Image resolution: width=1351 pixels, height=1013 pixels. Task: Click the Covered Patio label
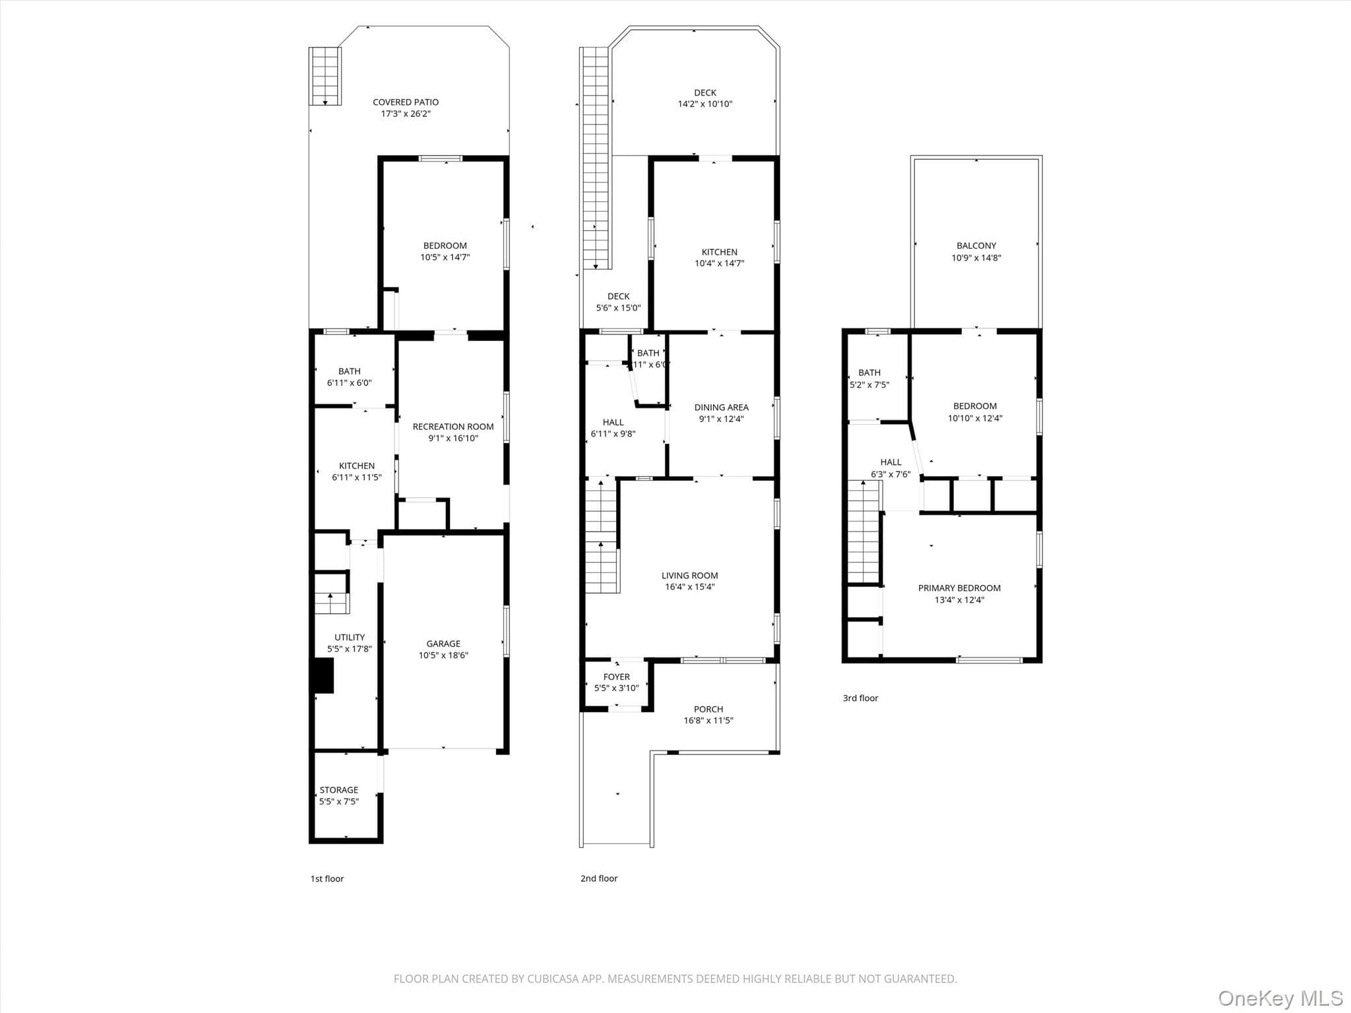(x=406, y=102)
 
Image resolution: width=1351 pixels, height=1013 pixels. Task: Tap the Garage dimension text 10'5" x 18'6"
(x=443, y=656)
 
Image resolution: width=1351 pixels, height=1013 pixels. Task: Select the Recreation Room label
(x=453, y=427)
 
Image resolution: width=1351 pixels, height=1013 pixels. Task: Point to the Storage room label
(x=339, y=790)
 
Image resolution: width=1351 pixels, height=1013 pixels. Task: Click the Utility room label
(x=350, y=638)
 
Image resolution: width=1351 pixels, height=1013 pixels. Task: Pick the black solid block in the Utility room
(x=323, y=677)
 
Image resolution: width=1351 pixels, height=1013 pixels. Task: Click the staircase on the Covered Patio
(x=325, y=77)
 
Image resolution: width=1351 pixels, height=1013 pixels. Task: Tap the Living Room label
(x=690, y=576)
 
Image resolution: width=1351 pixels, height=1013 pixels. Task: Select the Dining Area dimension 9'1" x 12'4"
(x=722, y=419)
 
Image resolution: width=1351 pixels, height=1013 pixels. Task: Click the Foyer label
(x=617, y=677)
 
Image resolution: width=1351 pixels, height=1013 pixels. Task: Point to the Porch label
(x=708, y=710)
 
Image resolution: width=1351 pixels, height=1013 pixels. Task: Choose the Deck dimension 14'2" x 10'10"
(x=705, y=104)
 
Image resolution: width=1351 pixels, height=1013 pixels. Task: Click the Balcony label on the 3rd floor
(x=976, y=246)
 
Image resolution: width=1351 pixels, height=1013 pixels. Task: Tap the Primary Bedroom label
(x=960, y=588)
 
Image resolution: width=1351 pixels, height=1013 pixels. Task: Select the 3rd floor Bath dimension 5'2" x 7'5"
(x=869, y=385)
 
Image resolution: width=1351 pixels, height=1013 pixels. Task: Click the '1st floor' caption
(x=327, y=878)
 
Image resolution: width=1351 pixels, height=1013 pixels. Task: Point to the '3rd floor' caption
(x=861, y=698)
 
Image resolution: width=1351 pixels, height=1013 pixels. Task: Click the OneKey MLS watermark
(x=1280, y=998)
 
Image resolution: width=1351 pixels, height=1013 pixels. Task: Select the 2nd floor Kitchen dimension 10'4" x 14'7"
(x=720, y=264)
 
